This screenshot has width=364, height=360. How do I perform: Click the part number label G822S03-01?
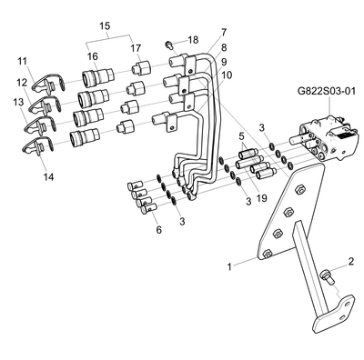coord(326,91)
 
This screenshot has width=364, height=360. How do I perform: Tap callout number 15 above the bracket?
coord(105,25)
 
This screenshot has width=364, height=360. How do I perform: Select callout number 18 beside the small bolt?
coord(193,40)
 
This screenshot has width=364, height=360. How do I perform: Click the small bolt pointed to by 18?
coord(169,45)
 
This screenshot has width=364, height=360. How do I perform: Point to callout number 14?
coord(48,176)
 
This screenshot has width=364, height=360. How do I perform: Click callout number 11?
coord(22,61)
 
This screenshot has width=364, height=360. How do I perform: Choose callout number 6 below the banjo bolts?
coord(158,230)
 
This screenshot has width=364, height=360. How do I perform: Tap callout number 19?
coord(261,198)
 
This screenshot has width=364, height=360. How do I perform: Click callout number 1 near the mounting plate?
coord(229,266)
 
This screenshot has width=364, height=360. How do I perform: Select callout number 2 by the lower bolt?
coord(351,261)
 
